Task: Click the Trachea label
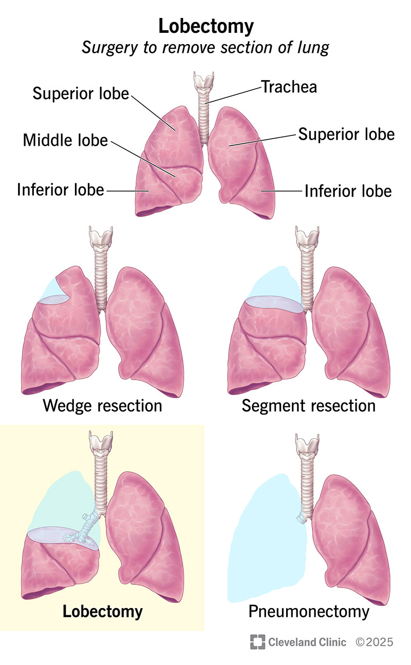click(x=289, y=87)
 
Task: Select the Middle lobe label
click(x=65, y=140)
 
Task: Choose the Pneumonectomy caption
click(x=309, y=611)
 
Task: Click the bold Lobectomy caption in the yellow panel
click(x=102, y=611)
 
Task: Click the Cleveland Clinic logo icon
click(x=257, y=642)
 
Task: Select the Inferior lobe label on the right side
click(x=348, y=191)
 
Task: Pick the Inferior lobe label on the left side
click(x=60, y=190)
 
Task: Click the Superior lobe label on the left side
click(x=81, y=93)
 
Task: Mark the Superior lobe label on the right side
click(x=346, y=134)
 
